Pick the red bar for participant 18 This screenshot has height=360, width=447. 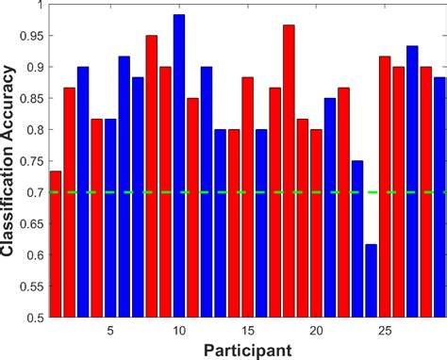[x=289, y=170]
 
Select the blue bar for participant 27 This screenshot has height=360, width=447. [x=412, y=180]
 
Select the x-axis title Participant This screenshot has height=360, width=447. [x=246, y=350]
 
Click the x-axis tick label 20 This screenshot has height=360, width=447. [x=316, y=331]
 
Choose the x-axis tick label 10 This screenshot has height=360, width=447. [x=179, y=331]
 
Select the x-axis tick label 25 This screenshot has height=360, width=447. [x=385, y=331]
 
